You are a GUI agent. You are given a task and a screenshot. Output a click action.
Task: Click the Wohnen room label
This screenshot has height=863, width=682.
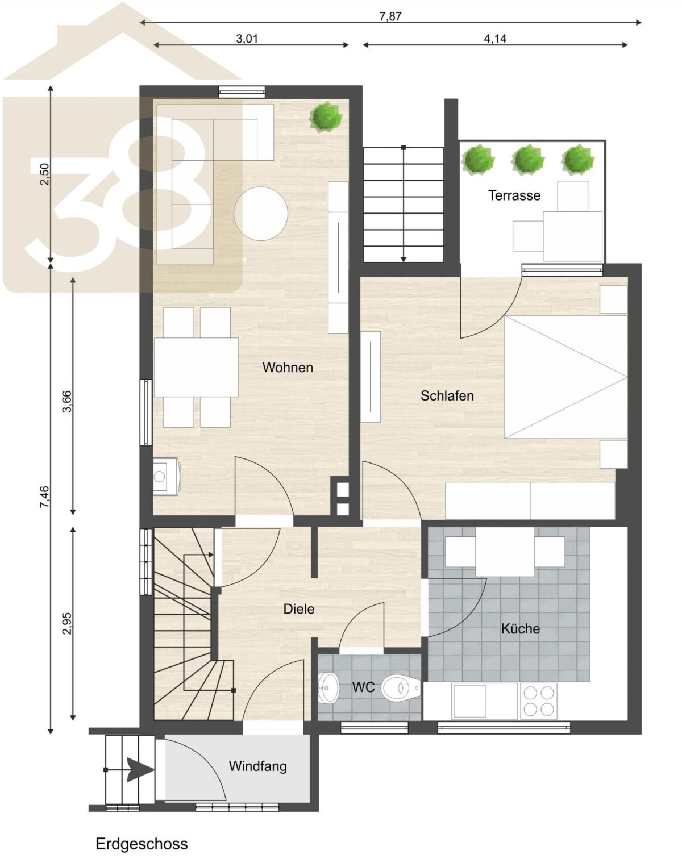288,368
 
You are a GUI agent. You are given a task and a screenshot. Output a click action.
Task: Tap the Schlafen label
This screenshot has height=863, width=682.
447,396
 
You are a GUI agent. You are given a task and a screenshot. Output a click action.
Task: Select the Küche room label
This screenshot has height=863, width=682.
521,628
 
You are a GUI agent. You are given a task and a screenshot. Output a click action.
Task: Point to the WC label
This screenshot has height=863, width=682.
364,687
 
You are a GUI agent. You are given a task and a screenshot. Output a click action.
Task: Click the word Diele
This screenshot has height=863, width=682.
299,609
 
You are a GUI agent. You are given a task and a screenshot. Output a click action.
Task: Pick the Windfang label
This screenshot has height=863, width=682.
257,766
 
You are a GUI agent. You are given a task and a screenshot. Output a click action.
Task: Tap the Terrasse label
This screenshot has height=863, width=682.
514,195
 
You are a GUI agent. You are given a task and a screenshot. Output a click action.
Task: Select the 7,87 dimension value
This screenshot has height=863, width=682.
390,16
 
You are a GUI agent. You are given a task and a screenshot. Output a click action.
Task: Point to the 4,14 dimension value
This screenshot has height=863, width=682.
495,39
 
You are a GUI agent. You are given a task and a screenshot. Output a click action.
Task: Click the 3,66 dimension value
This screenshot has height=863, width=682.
67,402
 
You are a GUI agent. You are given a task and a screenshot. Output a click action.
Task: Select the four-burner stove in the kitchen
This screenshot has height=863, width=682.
538,701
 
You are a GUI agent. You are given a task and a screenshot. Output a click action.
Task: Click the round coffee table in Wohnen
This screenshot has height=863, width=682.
261,214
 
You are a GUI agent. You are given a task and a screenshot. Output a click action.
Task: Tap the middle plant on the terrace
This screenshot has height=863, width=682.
527,160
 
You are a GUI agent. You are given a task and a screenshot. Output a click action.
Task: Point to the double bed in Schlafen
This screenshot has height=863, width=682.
565,377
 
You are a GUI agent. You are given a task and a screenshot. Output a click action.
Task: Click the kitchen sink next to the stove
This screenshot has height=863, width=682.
469,702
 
